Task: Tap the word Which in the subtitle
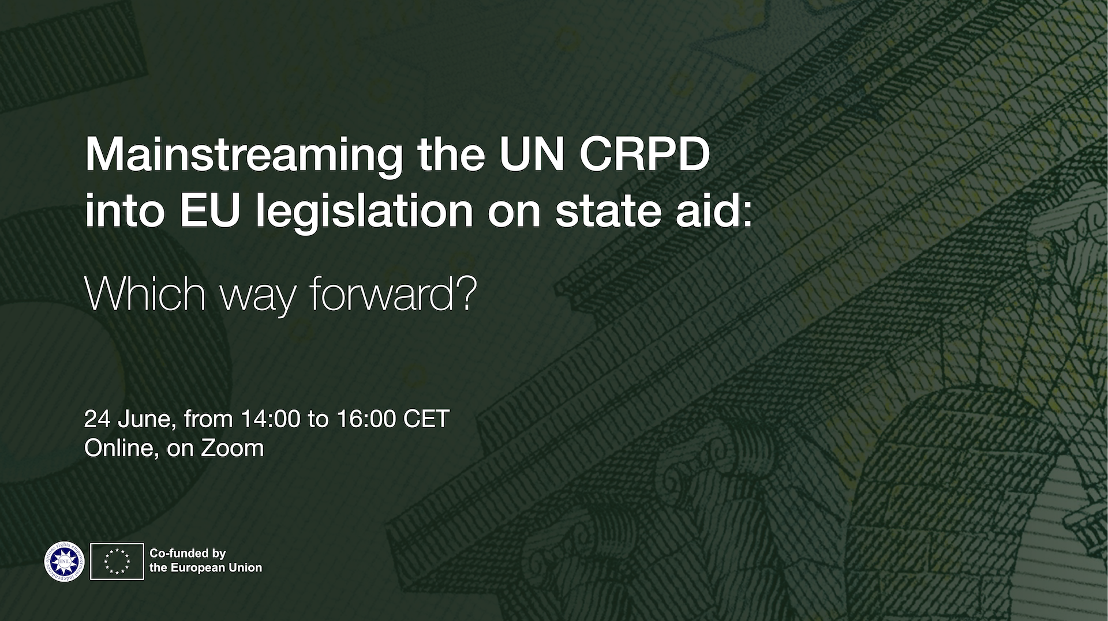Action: coord(145,293)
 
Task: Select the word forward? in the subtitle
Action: coord(393,293)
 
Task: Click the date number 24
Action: coord(97,419)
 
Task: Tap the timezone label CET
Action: coord(426,419)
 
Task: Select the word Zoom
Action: coord(232,448)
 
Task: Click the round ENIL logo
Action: coord(65,561)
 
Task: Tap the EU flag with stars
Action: coord(117,561)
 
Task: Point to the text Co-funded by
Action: coord(188,554)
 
